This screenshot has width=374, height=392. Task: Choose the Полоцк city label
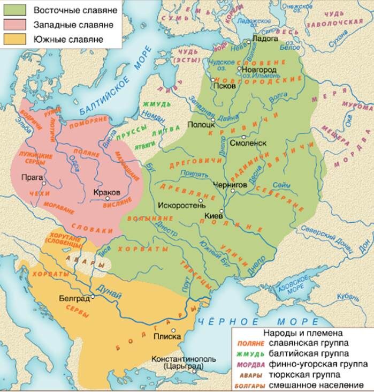(x=200, y=124)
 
